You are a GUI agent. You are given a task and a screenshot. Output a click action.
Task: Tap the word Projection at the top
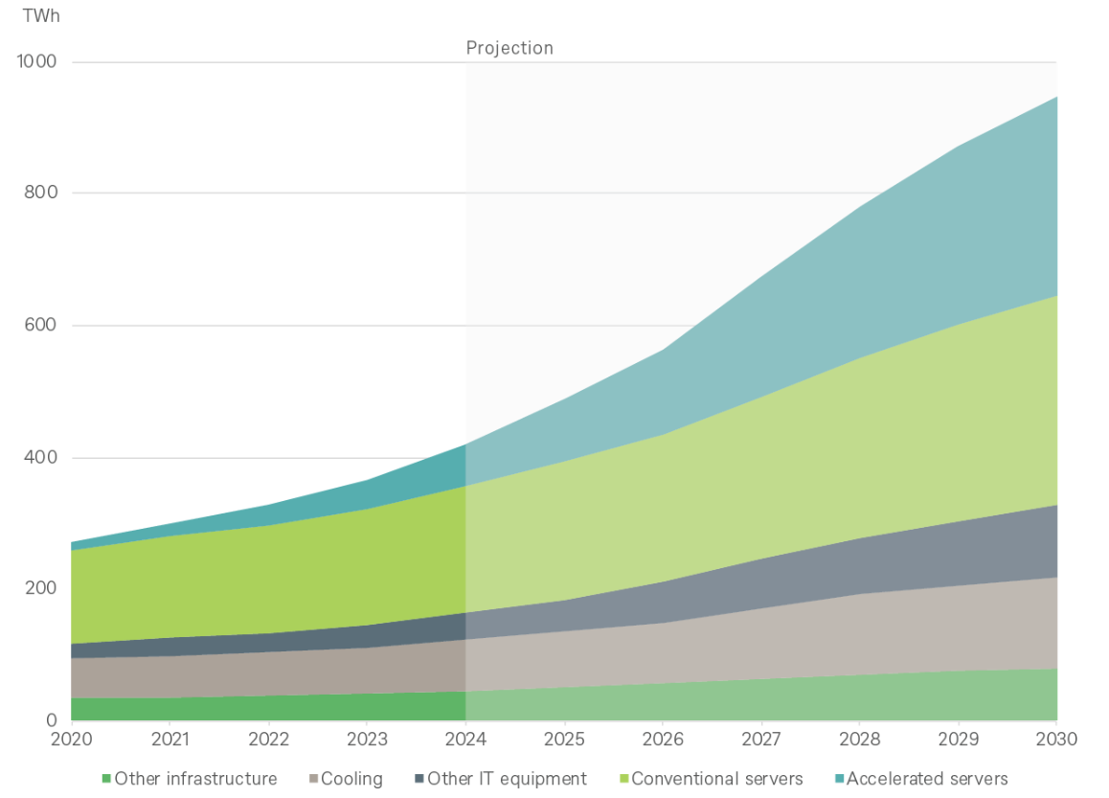(x=509, y=48)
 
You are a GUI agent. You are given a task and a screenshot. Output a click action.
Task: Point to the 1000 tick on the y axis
(x=37, y=62)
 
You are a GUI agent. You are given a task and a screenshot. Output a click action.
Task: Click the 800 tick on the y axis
(x=42, y=193)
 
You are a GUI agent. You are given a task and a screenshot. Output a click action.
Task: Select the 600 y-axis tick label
(x=42, y=326)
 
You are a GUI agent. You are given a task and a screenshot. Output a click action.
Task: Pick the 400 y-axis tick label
(x=42, y=458)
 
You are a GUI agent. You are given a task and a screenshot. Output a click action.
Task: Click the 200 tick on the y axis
(x=42, y=588)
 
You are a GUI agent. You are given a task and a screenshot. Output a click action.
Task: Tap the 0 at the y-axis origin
(x=52, y=720)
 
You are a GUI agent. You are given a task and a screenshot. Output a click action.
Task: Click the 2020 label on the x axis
(x=71, y=740)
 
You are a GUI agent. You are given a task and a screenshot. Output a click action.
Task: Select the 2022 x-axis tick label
(x=268, y=740)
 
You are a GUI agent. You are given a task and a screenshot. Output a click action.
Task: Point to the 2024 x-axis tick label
(x=465, y=740)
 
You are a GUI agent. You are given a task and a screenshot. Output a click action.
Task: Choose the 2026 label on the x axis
(x=663, y=740)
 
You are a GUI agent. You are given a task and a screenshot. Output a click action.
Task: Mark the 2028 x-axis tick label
(x=860, y=740)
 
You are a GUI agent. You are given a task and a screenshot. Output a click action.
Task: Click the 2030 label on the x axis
(x=1057, y=740)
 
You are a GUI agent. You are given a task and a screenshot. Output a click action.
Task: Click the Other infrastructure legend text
(x=195, y=779)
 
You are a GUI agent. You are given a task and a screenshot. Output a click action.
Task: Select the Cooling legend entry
(x=351, y=779)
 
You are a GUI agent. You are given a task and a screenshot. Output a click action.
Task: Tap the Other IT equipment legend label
(x=507, y=779)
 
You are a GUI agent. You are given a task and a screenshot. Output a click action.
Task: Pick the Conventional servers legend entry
(x=717, y=779)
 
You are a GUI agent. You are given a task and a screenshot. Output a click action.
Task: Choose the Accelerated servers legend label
(x=927, y=779)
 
